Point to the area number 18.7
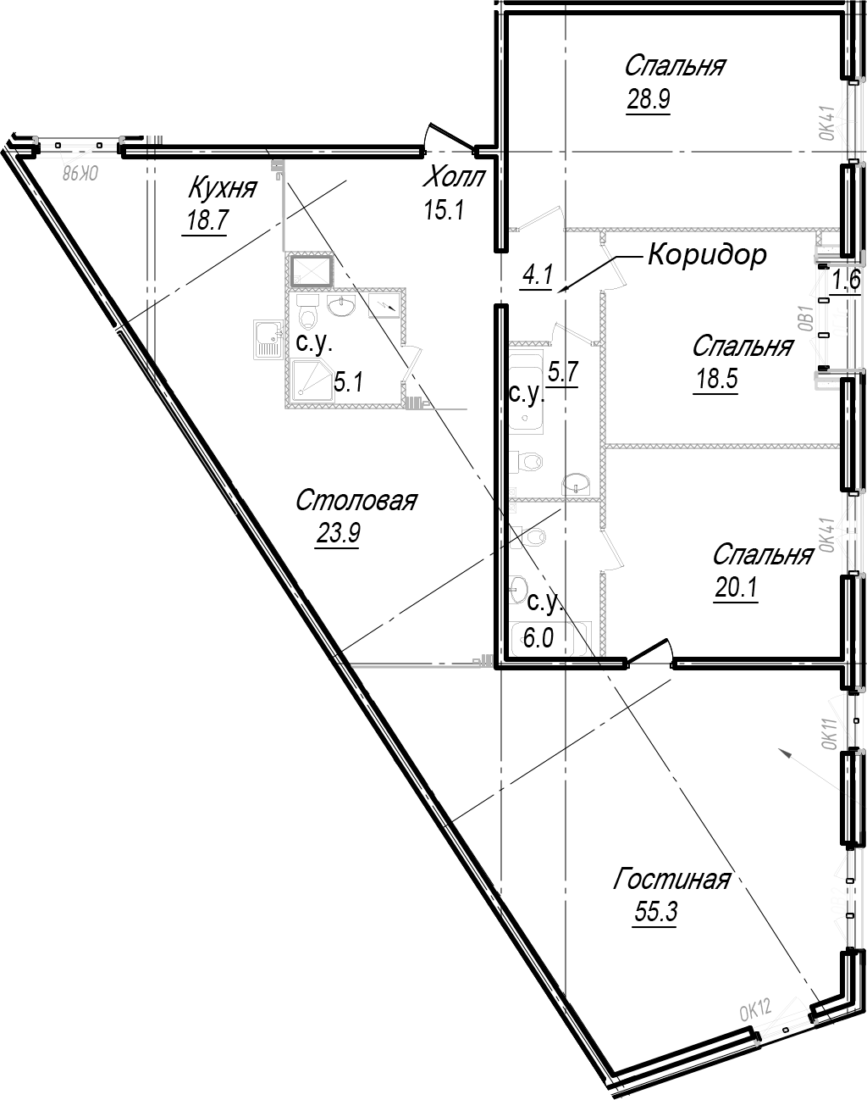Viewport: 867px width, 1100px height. pyautogui.click(x=204, y=221)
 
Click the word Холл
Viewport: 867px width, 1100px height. pyautogui.click(x=455, y=178)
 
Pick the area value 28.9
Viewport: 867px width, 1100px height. pyautogui.click(x=648, y=100)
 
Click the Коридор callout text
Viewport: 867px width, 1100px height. pyautogui.click(x=707, y=254)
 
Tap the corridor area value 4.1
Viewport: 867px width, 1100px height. pyautogui.click(x=537, y=275)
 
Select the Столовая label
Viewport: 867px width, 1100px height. pyautogui.click(x=356, y=501)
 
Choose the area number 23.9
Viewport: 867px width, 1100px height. pyautogui.click(x=336, y=535)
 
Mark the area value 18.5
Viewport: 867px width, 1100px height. pyautogui.click(x=716, y=379)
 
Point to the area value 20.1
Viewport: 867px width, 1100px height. pyautogui.click(x=735, y=587)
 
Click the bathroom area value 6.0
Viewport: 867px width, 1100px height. pyautogui.click(x=538, y=637)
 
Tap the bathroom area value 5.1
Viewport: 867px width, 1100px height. pyautogui.click(x=347, y=383)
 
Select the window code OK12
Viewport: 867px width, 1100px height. pyautogui.click(x=756, y=1009)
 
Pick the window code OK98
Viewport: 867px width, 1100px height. pyautogui.click(x=80, y=174)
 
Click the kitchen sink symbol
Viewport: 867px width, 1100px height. pyautogui.click(x=268, y=341)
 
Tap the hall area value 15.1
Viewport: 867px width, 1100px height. pyautogui.click(x=444, y=208)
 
